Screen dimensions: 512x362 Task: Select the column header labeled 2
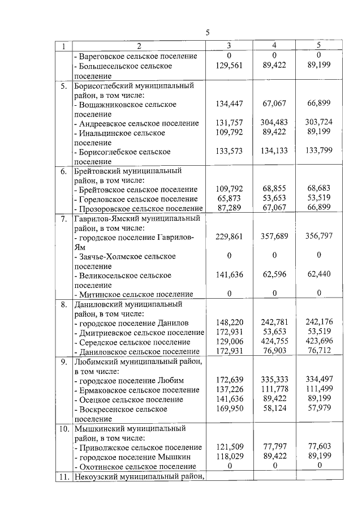[x=138, y=46]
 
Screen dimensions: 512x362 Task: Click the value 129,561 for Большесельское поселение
[x=229, y=66]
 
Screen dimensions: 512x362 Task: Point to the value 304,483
[x=274, y=123]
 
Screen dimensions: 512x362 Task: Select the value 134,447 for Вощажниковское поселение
[x=229, y=104]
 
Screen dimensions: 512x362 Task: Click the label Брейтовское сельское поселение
[x=136, y=190]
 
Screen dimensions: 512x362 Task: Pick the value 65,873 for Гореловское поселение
[x=229, y=199]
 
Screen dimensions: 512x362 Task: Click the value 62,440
[x=318, y=275]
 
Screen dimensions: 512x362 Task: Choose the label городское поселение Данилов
[x=126, y=322]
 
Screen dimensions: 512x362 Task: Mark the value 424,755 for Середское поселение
[x=274, y=342]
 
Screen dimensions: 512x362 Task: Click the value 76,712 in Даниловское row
[x=318, y=352]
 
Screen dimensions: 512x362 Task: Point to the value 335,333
[x=274, y=380]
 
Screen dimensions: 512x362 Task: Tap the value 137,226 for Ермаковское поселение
[x=229, y=390]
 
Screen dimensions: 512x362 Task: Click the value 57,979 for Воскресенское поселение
[x=318, y=409]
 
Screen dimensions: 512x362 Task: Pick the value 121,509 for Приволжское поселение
[x=229, y=447]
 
